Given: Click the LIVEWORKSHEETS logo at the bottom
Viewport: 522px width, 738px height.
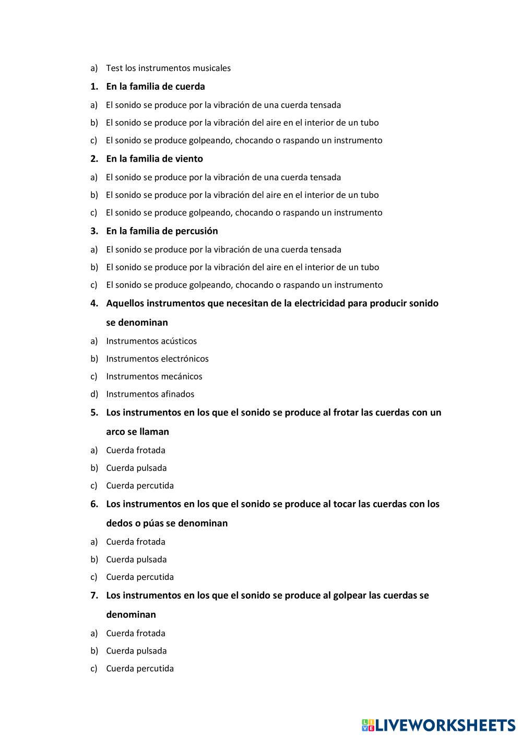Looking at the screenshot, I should pyautogui.click(x=438, y=724).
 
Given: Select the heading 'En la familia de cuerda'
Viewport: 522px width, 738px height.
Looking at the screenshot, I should pyautogui.click(x=155, y=87).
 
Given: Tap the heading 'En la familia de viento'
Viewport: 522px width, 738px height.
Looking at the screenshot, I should pyautogui.click(x=155, y=159).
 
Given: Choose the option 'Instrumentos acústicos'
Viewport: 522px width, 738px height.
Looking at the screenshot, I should pyautogui.click(x=151, y=341).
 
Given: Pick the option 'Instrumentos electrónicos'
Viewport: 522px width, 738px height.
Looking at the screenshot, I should pyautogui.click(x=157, y=359).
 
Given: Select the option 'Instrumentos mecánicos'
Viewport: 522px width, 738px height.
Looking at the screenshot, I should pyautogui.click(x=154, y=376).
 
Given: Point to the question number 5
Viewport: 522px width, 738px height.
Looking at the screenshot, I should pyautogui.click(x=94, y=412).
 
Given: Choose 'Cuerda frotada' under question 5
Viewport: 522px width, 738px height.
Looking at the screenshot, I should pyautogui.click(x=136, y=450).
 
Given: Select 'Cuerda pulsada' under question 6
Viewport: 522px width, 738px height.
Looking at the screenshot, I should pyautogui.click(x=136, y=559).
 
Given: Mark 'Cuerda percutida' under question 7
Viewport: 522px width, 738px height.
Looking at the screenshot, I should pyautogui.click(x=140, y=668).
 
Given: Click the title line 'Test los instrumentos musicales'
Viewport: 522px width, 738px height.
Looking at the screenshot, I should pyautogui.click(x=168, y=68).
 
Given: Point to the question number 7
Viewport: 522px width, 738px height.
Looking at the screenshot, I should pyautogui.click(x=94, y=595).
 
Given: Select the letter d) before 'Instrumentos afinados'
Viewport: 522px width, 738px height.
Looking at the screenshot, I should pyautogui.click(x=94, y=394).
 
